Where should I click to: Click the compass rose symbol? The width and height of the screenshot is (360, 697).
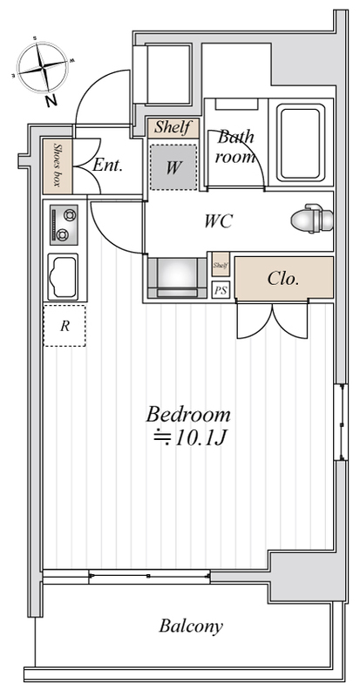tap(44, 67)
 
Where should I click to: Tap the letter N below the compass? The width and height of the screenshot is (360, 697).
tap(52, 102)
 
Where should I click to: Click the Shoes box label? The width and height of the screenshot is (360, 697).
tap(57, 166)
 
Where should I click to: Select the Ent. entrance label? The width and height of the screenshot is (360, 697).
tap(107, 166)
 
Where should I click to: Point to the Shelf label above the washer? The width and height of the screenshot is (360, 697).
tap(173, 128)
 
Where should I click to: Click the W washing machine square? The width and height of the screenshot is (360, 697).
tap(173, 167)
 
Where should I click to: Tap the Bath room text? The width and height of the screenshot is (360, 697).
tap(235, 146)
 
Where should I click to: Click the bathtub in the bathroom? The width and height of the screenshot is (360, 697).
tap(301, 143)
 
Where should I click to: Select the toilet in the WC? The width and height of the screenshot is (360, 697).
tap(312, 220)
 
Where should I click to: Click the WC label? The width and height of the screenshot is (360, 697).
tap(219, 221)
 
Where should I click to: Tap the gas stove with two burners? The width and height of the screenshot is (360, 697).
tap(65, 225)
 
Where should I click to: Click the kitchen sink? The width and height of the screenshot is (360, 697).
tap(63, 276)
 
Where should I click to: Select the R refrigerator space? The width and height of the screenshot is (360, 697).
tap(65, 326)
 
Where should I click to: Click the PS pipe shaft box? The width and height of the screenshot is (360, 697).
tap(221, 290)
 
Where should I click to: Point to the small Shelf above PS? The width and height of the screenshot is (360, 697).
tap(221, 266)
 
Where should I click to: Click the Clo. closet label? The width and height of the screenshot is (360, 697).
tap(283, 279)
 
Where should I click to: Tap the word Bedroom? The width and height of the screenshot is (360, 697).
tap(188, 415)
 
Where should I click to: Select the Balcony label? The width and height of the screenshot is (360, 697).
tap(191, 626)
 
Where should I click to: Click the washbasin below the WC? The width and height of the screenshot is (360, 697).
tap(177, 277)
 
